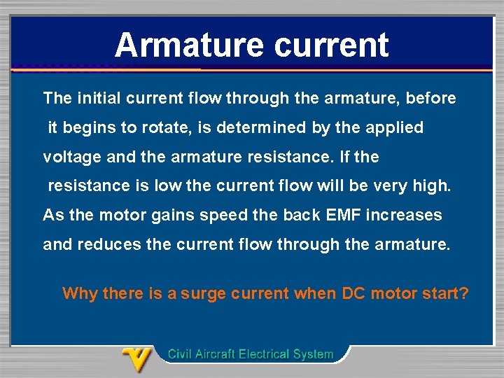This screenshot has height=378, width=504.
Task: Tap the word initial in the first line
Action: coord(99,98)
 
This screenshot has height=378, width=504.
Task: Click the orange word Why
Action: coord(80,293)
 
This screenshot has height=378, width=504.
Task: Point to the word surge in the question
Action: coord(203,293)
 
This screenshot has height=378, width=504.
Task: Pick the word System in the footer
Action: coord(311,354)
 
